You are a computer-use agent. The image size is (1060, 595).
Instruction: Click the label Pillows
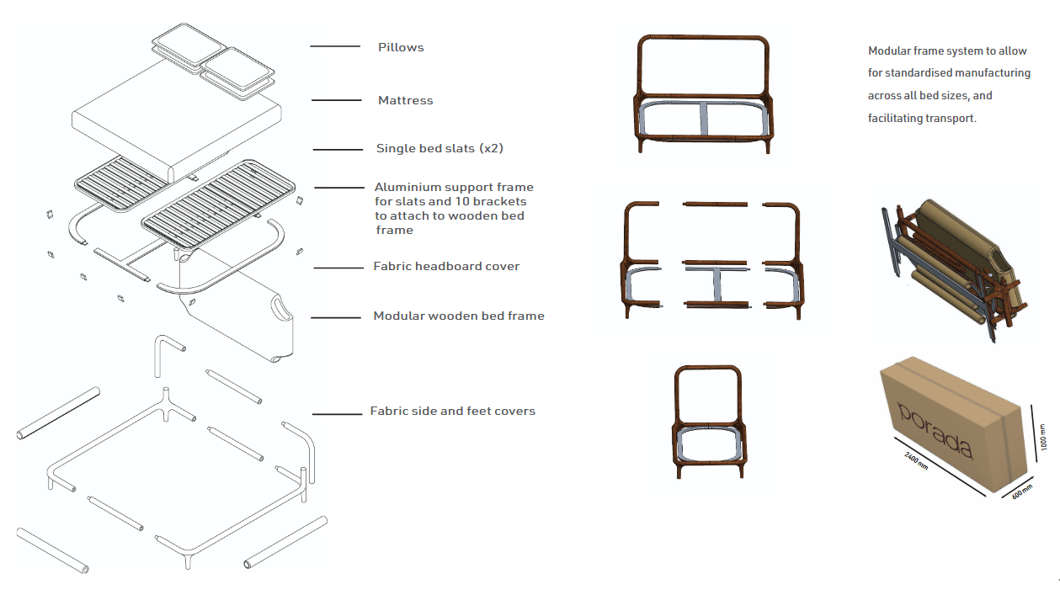click(x=400, y=47)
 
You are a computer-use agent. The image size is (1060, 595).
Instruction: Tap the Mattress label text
click(x=405, y=100)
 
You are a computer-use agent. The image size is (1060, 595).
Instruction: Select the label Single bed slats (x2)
click(x=439, y=149)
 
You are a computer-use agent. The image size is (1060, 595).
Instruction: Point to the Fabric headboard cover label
click(x=446, y=266)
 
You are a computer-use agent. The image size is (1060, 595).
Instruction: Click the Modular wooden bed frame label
click(x=459, y=316)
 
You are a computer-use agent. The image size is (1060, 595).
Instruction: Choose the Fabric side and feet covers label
click(x=452, y=412)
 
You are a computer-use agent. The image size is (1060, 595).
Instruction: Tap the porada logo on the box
click(x=935, y=430)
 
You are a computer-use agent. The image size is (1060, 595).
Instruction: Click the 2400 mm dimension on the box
click(x=916, y=461)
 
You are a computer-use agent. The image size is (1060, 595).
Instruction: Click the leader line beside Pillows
click(x=330, y=46)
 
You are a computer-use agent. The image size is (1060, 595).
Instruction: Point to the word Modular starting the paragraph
click(x=888, y=51)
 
